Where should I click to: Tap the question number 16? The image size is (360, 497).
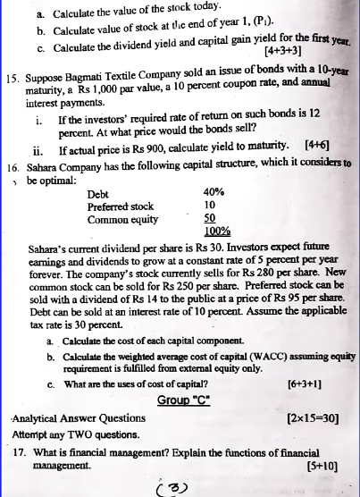[13, 167]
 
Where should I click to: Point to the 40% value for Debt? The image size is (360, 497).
[213, 193]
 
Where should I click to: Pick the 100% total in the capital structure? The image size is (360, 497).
[217, 231]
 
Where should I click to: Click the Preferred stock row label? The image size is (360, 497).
[121, 206]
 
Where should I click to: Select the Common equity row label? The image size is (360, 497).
[121, 218]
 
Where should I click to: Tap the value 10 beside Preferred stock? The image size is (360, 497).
[210, 206]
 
